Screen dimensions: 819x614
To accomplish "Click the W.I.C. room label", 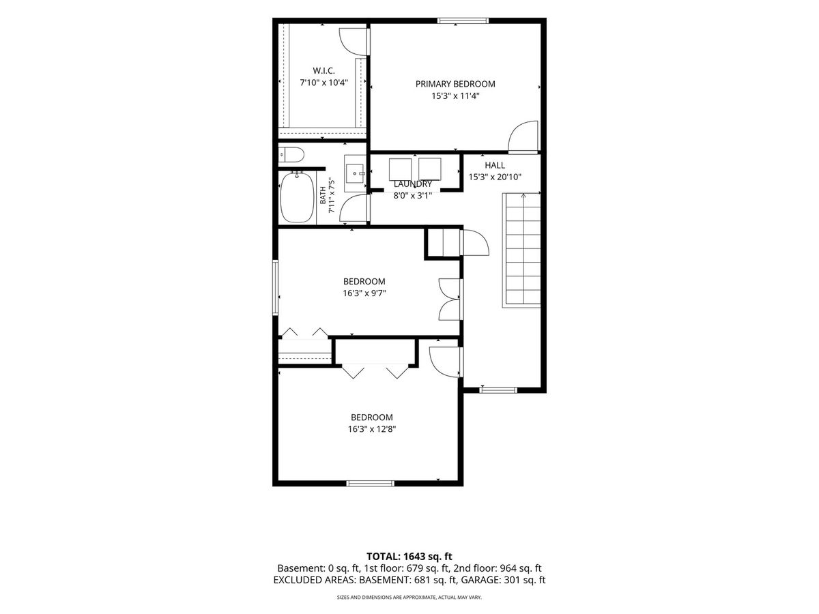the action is [x=324, y=70].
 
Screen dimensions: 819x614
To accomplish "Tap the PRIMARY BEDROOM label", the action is [x=455, y=84].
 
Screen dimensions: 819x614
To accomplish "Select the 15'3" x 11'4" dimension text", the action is [x=455, y=96].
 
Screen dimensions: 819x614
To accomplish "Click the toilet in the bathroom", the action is [x=291, y=155].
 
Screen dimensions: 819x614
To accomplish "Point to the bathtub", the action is [x=298, y=198].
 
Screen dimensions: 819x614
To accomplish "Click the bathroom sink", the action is [x=355, y=174].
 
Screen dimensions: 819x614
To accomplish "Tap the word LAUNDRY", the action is [x=413, y=184].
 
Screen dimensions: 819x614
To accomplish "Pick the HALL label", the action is [x=495, y=165].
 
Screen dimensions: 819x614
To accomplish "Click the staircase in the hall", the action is [x=521, y=250].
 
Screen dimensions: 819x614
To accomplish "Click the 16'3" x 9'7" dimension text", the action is [x=364, y=293].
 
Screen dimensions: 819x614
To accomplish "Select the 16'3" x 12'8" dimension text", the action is [x=372, y=429].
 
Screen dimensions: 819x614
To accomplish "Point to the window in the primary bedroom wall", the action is [x=463, y=20].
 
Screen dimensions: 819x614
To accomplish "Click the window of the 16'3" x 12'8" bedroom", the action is [x=370, y=484].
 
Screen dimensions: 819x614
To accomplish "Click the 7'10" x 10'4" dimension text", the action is [x=324, y=83].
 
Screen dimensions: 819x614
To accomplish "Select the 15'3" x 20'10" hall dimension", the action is [x=495, y=177].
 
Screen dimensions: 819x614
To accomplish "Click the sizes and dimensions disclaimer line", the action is [x=409, y=597].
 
